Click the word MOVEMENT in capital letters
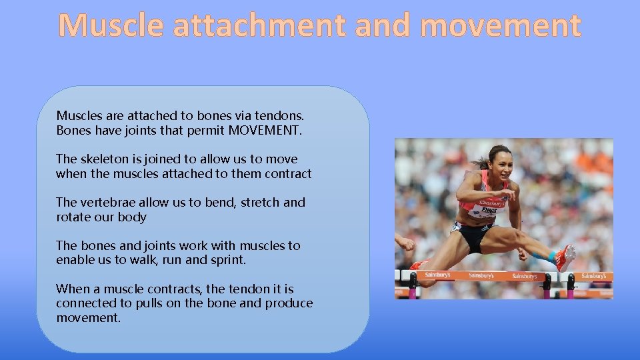click(x=265, y=130)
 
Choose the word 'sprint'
click(x=227, y=260)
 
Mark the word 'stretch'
click(x=260, y=203)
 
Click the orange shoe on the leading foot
click(x=565, y=257)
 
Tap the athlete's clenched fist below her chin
click(x=508, y=195)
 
